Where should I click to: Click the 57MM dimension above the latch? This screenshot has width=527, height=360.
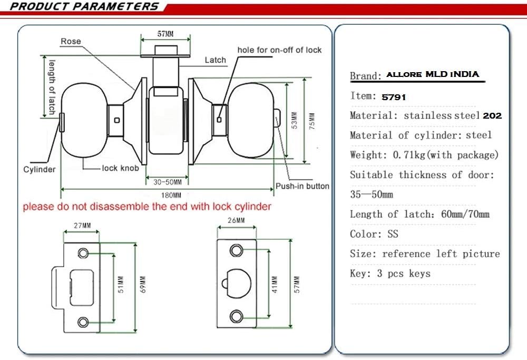click(x=165, y=34)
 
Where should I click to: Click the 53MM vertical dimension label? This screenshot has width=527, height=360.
click(x=295, y=120)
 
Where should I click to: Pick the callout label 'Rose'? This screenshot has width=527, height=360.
click(x=71, y=41)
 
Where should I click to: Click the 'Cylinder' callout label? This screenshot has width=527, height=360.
click(x=39, y=170)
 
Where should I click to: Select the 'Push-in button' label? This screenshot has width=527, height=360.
click(x=302, y=186)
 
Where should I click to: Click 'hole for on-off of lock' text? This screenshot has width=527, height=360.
click(x=279, y=50)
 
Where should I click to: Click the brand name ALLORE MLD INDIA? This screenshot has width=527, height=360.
click(x=433, y=74)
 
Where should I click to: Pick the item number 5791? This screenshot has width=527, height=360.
click(x=394, y=97)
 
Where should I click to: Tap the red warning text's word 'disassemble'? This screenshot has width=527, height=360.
click(x=124, y=207)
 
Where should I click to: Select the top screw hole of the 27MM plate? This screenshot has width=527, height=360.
click(x=83, y=253)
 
